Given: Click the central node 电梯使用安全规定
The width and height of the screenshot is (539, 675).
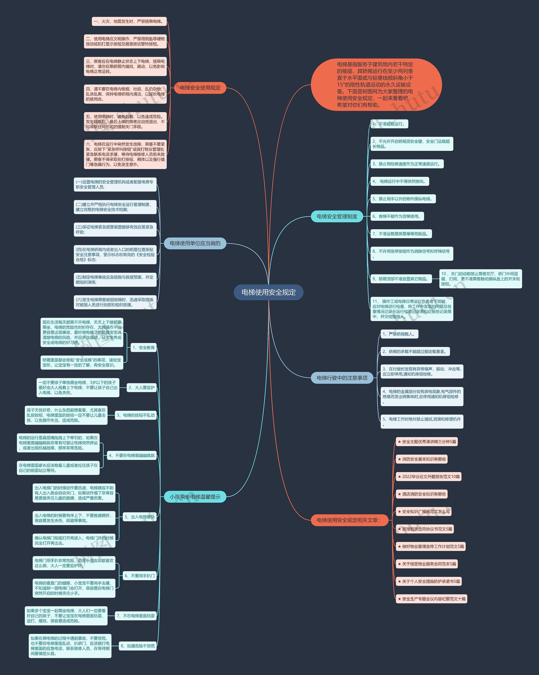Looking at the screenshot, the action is [x=268, y=292].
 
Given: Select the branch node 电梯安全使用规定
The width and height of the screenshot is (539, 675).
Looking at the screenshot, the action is [x=200, y=88].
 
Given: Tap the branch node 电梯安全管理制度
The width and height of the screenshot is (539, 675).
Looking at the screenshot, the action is [x=337, y=216].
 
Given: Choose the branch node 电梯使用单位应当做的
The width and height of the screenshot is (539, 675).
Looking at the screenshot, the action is [x=195, y=243].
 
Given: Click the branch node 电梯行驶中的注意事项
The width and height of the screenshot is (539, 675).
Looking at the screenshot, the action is [x=342, y=378].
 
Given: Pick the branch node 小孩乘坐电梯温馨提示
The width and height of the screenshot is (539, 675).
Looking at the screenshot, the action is [x=195, y=497].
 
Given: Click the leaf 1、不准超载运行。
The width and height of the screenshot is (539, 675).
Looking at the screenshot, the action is [x=389, y=124].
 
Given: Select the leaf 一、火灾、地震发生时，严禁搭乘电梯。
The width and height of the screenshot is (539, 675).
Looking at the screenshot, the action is [x=129, y=21].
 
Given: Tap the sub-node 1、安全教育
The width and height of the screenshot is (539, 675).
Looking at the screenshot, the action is [x=143, y=348].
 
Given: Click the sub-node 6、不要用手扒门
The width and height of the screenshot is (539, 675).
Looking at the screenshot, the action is [x=140, y=576].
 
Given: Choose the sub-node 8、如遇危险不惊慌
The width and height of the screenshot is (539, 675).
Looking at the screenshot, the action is [x=138, y=646].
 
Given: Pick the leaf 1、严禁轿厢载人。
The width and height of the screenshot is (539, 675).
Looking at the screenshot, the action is [x=399, y=334].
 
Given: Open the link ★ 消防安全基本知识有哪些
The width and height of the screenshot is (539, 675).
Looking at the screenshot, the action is [x=422, y=459].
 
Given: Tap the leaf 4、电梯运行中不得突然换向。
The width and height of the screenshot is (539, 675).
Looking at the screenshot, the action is [x=399, y=181].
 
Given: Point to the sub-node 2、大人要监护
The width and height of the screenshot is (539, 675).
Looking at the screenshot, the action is [x=141, y=388].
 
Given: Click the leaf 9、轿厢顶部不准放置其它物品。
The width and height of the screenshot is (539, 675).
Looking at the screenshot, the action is [x=401, y=279].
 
